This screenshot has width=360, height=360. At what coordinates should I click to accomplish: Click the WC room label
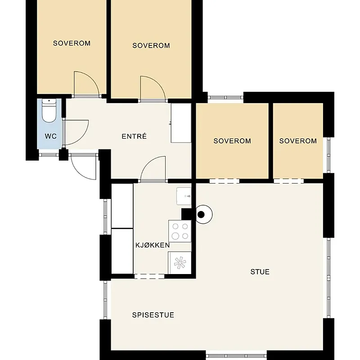tap(51, 136)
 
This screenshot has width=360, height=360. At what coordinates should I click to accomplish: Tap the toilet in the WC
tap(49, 111)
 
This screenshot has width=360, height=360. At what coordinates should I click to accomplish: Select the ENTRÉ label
tap(134, 136)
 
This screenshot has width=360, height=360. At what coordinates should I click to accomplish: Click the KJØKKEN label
tap(153, 245)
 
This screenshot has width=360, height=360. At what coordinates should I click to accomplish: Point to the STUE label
tap(260, 272)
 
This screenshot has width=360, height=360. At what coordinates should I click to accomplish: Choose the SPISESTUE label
tap(153, 315)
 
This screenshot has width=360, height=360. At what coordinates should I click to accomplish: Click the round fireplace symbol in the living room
tap(204, 215)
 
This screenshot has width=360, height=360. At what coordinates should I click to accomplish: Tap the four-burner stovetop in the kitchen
tap(180, 231)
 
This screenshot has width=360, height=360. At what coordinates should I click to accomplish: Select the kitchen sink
tap(184, 196)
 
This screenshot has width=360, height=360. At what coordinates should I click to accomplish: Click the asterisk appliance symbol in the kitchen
tap(180, 263)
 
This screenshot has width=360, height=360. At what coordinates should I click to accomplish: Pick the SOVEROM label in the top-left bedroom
tap(72, 43)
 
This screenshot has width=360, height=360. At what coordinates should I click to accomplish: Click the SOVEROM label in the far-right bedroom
tap(298, 141)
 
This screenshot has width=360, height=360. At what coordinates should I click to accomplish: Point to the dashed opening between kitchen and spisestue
tap(149, 276)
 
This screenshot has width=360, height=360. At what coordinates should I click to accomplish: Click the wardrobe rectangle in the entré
tap(181, 123)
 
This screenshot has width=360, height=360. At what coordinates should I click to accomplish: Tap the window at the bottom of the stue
tap(236, 356)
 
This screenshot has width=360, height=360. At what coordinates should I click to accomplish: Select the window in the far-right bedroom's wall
tap(328, 155)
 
